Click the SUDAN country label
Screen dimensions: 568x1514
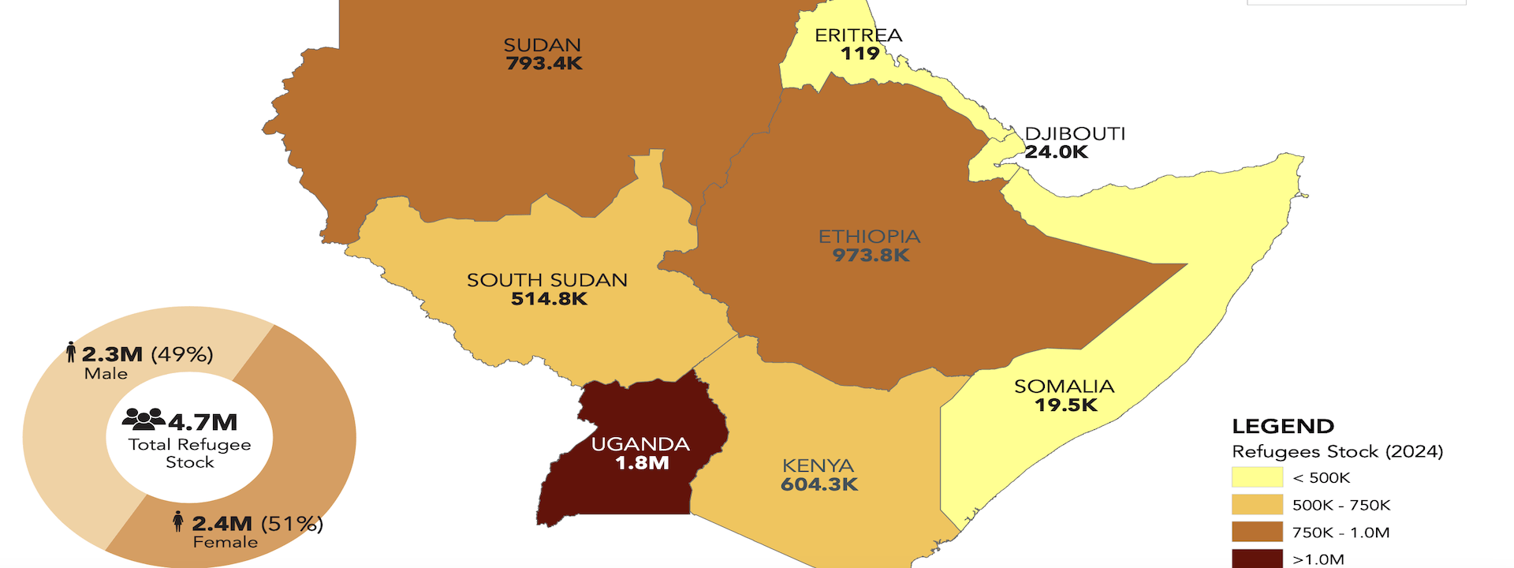(x=542, y=45)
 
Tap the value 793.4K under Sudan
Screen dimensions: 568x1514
(x=544, y=64)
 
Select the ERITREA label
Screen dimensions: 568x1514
(x=858, y=35)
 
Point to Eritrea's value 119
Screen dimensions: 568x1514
(x=860, y=54)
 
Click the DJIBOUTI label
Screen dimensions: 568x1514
(x=1075, y=133)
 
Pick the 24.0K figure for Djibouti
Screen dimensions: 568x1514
(x=1057, y=152)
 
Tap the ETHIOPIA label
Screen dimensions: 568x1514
(x=869, y=236)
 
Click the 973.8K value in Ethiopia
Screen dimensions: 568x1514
(x=871, y=256)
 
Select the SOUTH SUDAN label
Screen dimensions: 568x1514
(x=547, y=280)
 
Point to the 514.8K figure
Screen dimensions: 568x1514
(x=549, y=299)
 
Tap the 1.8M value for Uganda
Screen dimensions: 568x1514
(x=642, y=463)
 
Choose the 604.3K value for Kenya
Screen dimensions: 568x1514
(x=819, y=484)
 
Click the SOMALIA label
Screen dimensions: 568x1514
(x=1064, y=386)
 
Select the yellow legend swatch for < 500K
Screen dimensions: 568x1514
(x=1257, y=477)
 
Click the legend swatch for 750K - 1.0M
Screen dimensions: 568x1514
(x=1257, y=532)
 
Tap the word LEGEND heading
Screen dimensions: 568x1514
(x=1283, y=427)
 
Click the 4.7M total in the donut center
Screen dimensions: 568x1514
(x=202, y=422)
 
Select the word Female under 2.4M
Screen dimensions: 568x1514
(x=226, y=542)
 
